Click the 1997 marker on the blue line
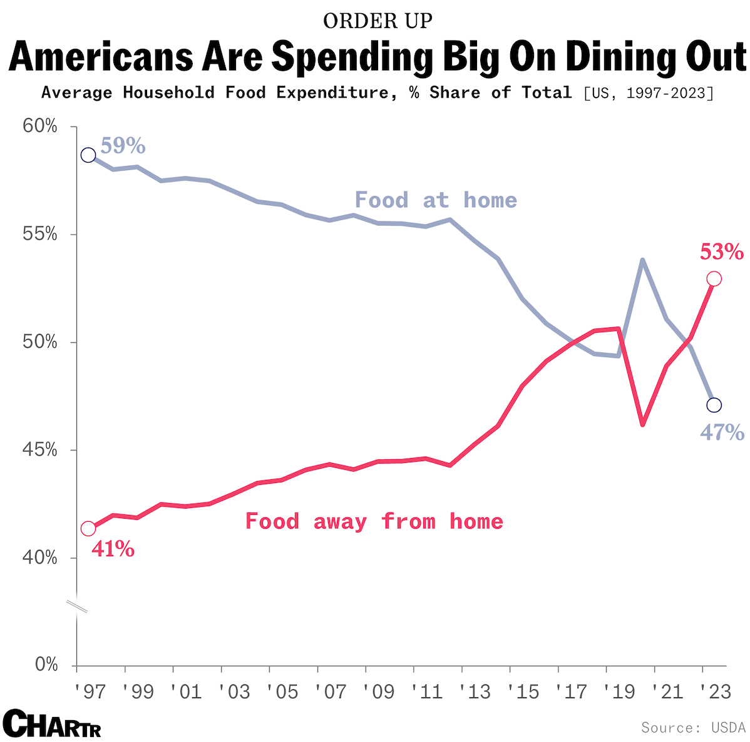point(88,155)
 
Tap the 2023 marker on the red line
point(714,278)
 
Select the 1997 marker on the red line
point(88,529)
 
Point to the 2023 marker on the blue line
point(714,405)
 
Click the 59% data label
point(123,146)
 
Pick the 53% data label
point(721,253)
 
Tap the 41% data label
point(113,549)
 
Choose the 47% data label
point(722,432)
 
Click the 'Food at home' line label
point(436,200)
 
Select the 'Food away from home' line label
point(374,521)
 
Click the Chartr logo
point(52,724)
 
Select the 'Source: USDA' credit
point(692,728)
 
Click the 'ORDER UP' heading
point(378,21)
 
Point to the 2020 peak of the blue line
point(642,260)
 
